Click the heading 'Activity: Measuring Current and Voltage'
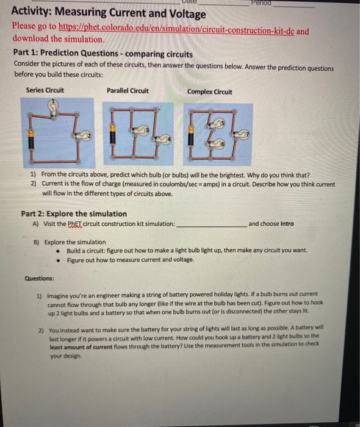(x=109, y=13)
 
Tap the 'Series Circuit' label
(x=45, y=91)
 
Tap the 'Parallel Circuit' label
(x=127, y=91)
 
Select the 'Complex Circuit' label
(x=209, y=92)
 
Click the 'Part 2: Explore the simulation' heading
(x=74, y=213)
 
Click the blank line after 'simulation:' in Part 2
(x=211, y=224)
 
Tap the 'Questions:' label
(x=40, y=278)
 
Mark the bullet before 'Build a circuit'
(x=57, y=251)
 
